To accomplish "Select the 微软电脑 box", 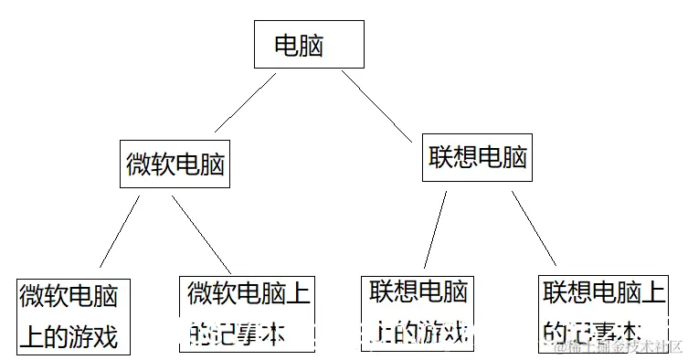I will (175, 164).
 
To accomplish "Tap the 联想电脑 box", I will (477, 158).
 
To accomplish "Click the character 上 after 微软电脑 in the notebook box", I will (300, 294).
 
